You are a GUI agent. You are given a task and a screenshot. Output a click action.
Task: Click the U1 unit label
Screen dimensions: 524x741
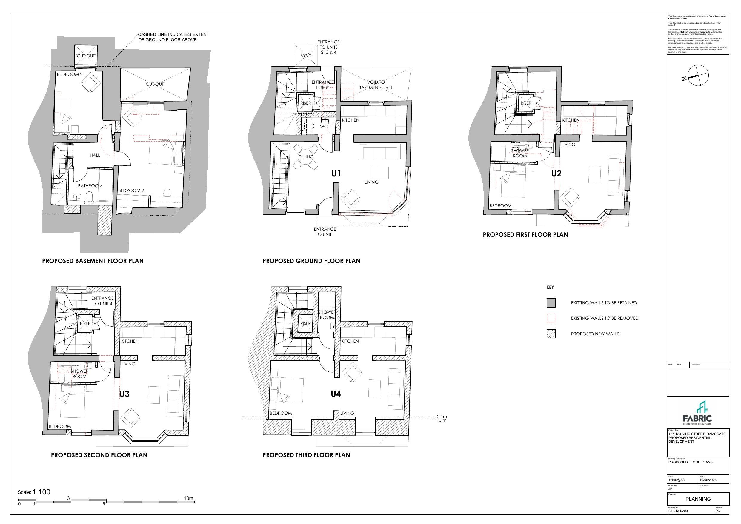[x=336, y=174]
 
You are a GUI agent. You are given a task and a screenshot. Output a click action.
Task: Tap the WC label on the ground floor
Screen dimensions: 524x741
[x=324, y=127]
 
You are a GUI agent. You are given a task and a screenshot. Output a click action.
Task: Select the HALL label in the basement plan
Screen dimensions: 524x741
[x=95, y=155]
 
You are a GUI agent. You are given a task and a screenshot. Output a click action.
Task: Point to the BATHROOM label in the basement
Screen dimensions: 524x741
[x=90, y=186]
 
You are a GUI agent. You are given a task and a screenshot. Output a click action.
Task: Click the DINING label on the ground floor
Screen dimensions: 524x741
[x=306, y=156]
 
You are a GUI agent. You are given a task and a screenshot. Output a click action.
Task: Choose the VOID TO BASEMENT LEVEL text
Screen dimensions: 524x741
[x=376, y=84]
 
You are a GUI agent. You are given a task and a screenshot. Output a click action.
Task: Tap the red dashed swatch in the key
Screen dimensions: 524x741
[x=551, y=318]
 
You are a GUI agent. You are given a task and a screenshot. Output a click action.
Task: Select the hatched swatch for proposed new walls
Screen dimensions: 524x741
[x=551, y=334]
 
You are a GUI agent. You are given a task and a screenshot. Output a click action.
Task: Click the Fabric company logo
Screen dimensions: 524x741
[x=697, y=413]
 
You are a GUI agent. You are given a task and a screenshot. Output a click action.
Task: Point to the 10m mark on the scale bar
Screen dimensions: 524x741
[x=188, y=498]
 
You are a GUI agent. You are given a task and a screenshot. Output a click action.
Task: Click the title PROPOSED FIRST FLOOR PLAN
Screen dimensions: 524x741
[x=525, y=235]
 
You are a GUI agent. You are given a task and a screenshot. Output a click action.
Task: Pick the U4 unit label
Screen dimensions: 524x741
[x=336, y=394]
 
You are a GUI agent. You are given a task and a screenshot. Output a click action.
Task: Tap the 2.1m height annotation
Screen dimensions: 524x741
[x=442, y=417]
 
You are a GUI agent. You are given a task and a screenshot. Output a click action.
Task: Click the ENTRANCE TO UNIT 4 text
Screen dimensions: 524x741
[x=103, y=301]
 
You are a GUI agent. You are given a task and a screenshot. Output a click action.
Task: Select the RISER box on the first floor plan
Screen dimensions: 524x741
[x=526, y=103]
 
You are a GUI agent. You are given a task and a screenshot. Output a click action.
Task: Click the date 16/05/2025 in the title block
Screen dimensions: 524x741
[x=708, y=480]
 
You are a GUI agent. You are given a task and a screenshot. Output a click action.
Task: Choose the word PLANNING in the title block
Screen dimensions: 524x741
[x=698, y=499]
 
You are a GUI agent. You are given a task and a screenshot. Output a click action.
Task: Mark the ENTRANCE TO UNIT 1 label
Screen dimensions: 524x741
[x=325, y=232]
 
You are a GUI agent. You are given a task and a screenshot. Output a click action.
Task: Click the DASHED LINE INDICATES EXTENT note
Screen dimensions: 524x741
[x=174, y=37]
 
